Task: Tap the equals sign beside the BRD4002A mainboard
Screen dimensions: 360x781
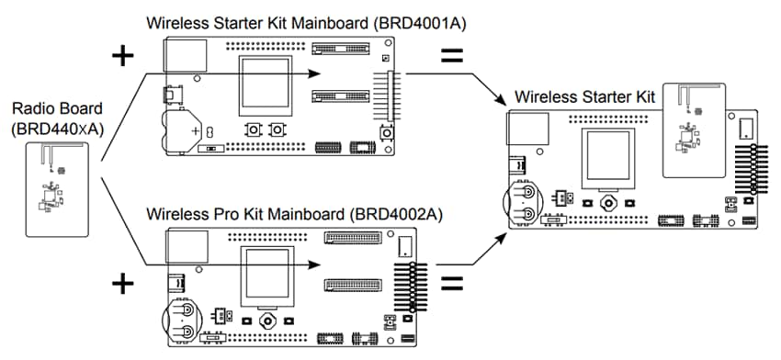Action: pyautogui.click(x=450, y=282)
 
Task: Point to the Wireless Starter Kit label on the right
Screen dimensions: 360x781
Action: pyautogui.click(x=587, y=96)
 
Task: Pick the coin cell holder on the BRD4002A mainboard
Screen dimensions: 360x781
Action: pyautogui.click(x=182, y=321)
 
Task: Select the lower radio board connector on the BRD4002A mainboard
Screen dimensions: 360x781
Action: pyautogui.click(x=352, y=284)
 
